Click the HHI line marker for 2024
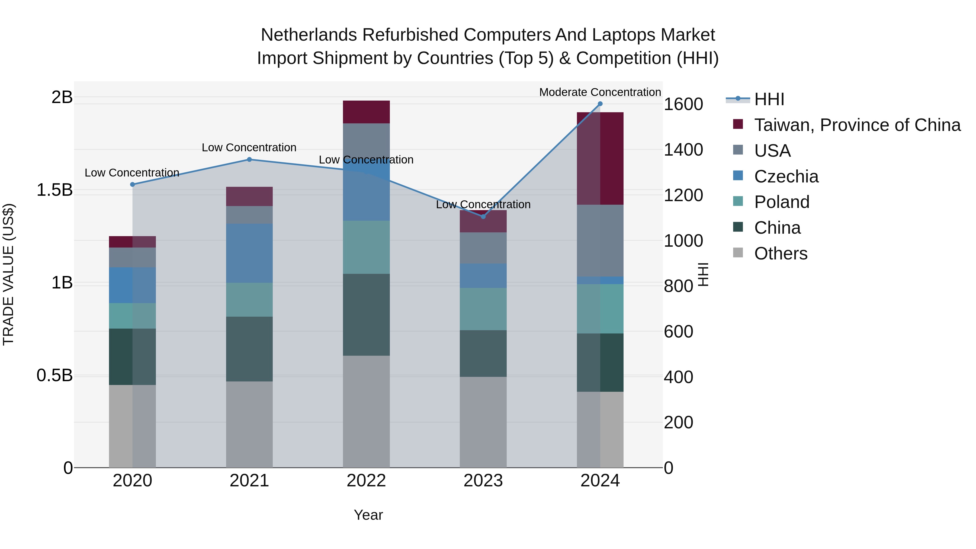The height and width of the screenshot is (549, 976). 600,104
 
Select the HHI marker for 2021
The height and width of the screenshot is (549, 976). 249,159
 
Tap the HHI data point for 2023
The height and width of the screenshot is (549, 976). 483,217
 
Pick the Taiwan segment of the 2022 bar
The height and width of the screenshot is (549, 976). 366,112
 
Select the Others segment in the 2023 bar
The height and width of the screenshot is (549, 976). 483,422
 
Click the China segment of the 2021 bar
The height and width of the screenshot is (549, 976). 249,349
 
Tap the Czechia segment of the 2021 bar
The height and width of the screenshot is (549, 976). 249,253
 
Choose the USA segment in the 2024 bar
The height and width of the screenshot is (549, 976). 600,240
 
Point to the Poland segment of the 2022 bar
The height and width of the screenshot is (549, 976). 366,247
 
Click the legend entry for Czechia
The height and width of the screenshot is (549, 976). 786,176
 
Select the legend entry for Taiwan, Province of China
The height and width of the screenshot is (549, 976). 857,125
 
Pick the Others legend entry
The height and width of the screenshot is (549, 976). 781,253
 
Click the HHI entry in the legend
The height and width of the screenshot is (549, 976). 769,99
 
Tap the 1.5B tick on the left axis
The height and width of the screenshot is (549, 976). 54,190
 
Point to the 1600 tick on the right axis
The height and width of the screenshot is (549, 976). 683,104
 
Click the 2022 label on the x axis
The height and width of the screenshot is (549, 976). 366,481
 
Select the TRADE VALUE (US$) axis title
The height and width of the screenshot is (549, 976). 8,274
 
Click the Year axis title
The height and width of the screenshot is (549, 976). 368,515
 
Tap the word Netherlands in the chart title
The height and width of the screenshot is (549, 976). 309,35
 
